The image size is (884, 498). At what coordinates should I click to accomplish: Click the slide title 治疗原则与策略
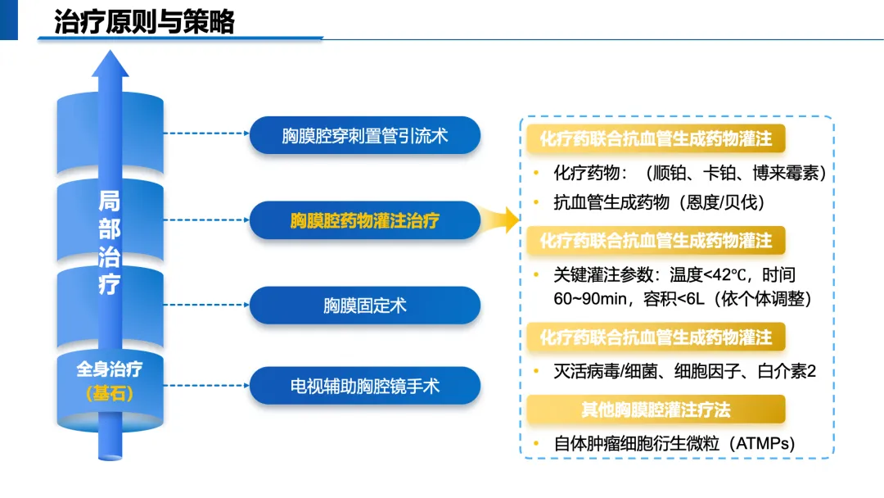[x=144, y=21]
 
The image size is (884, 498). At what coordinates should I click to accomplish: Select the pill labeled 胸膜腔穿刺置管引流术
[x=364, y=135]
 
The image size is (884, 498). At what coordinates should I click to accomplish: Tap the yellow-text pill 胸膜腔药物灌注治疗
[x=364, y=220]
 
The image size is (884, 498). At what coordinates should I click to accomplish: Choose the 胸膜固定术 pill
[x=364, y=306]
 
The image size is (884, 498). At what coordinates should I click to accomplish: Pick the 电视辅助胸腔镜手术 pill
[x=364, y=385]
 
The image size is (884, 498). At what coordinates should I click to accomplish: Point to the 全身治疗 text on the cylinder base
[x=109, y=369]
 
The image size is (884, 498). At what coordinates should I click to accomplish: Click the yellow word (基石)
[x=109, y=394]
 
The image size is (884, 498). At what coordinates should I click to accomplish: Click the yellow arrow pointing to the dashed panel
[x=501, y=220]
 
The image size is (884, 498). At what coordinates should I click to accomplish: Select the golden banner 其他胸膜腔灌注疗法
[x=656, y=409]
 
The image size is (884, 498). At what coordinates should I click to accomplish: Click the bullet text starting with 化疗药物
[x=689, y=174]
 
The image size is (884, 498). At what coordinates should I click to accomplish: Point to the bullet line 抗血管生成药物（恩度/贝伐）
[x=659, y=201]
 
